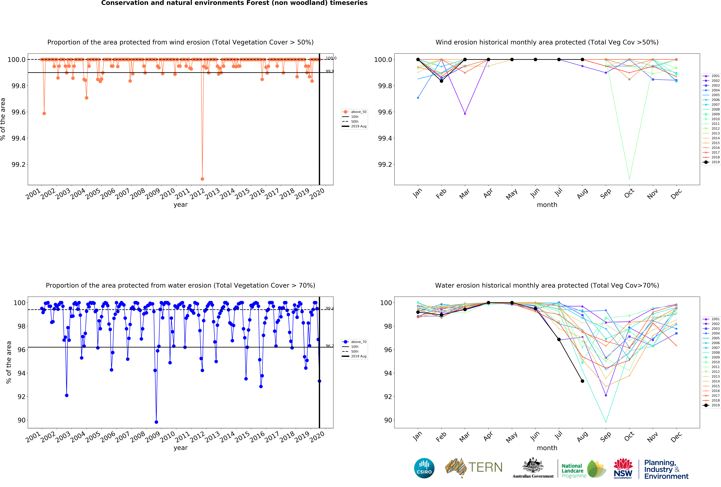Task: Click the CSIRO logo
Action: (424, 468)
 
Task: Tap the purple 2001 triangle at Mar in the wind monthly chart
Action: (465, 113)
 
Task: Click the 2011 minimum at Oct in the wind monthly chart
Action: (629, 179)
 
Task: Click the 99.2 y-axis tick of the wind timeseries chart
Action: (19, 165)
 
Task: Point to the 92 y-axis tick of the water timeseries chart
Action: (21, 397)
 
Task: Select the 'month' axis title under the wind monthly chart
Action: (547, 205)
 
